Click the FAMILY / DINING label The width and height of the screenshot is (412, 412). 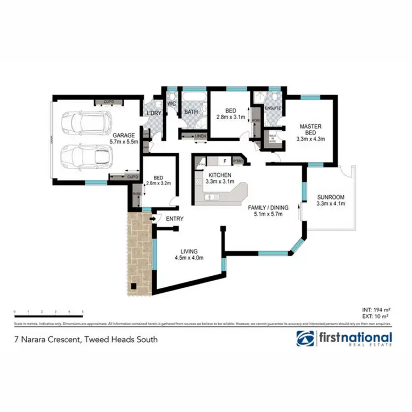tap(268, 207)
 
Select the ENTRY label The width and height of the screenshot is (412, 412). tap(174, 219)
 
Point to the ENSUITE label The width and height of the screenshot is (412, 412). tap(273, 108)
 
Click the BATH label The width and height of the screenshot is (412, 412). tap(191, 112)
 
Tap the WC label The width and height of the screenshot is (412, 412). tap(171, 103)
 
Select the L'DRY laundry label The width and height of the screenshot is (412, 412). tap(152, 113)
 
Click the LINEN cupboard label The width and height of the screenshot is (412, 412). tap(200, 136)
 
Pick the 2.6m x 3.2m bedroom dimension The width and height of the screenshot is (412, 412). tap(159, 185)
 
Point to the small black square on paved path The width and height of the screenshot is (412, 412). tap(133, 286)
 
